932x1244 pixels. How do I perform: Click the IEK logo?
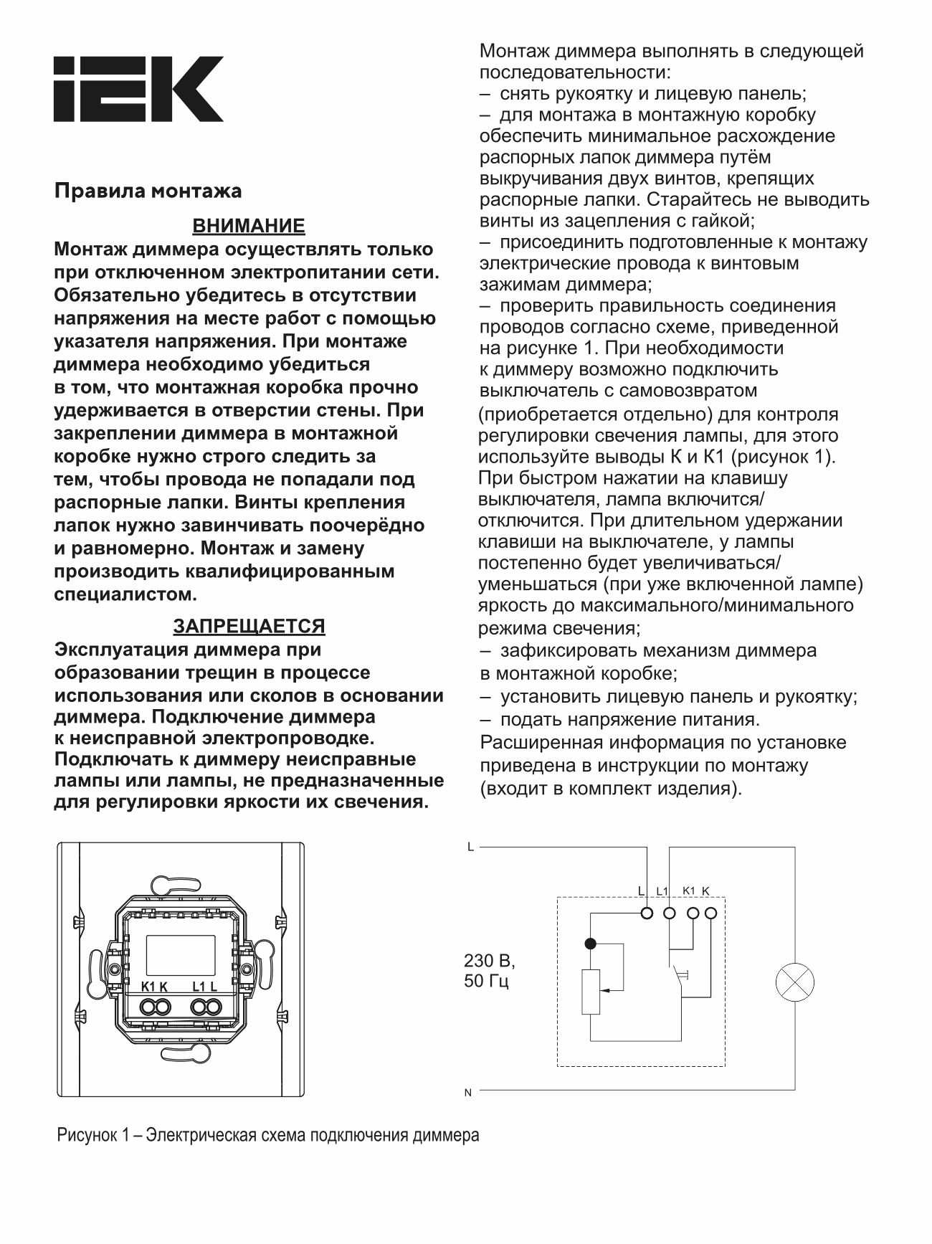(138, 90)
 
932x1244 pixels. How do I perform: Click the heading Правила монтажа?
(148, 191)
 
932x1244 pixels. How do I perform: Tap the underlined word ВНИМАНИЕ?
(249, 227)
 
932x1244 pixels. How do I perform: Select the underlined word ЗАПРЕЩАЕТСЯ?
(249, 626)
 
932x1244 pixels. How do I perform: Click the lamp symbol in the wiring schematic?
(794, 982)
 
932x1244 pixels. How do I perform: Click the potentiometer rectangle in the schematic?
(590, 992)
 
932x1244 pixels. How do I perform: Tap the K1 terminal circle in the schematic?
(693, 913)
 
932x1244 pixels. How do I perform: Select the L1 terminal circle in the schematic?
(670, 913)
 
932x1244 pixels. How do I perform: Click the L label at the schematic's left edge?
(470, 847)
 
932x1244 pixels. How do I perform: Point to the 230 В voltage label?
(490, 959)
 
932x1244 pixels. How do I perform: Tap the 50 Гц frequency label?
(487, 981)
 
